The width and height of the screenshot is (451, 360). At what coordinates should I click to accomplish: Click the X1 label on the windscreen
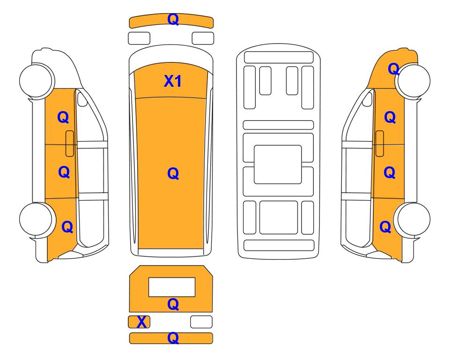click(x=172, y=81)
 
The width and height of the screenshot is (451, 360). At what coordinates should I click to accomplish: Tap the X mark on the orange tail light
click(x=141, y=322)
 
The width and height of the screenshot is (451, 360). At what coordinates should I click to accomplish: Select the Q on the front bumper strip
click(x=173, y=20)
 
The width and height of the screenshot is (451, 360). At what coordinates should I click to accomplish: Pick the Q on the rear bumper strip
click(x=173, y=338)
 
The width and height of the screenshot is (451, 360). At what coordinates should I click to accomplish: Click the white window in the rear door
click(x=172, y=287)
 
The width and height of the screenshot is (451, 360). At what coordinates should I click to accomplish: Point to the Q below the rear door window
click(x=173, y=304)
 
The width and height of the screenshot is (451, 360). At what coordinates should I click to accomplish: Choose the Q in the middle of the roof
click(x=173, y=173)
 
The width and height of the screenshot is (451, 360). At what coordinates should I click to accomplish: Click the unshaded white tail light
click(x=201, y=322)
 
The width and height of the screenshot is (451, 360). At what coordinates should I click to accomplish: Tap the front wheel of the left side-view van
click(x=37, y=80)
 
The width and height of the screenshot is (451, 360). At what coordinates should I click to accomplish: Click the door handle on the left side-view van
click(x=70, y=143)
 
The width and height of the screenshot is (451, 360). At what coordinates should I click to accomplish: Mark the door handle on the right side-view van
click(x=380, y=143)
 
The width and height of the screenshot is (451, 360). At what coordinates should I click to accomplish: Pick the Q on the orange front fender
click(x=393, y=69)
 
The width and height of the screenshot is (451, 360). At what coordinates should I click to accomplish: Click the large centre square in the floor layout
click(x=278, y=165)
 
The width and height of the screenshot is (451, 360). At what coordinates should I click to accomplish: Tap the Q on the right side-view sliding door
click(x=390, y=172)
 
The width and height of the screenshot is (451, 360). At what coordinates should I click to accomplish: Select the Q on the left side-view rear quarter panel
click(x=67, y=227)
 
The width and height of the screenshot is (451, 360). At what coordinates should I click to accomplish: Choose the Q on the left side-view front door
click(x=63, y=117)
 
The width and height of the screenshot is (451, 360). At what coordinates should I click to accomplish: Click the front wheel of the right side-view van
click(x=413, y=81)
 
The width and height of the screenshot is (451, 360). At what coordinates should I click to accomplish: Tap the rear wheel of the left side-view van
click(x=37, y=219)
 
